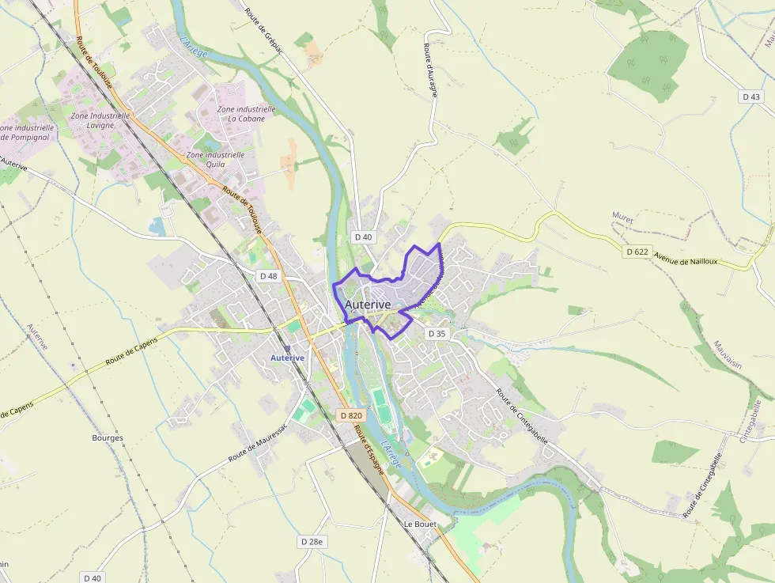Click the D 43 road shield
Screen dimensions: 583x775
click(x=751, y=97)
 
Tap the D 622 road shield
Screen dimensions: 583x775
click(x=637, y=252)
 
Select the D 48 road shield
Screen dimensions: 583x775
click(x=268, y=276)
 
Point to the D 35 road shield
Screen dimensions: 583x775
click(x=437, y=334)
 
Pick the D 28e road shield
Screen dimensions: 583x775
click(x=312, y=541)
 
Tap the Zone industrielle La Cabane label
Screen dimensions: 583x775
click(x=246, y=114)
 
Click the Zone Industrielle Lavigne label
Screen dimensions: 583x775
click(x=100, y=120)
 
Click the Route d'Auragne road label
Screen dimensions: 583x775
click(x=430, y=70)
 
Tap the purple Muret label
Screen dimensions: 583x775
click(x=623, y=215)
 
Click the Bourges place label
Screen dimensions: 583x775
click(x=108, y=437)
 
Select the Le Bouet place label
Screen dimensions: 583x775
click(x=420, y=524)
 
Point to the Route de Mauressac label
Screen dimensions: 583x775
click(x=258, y=448)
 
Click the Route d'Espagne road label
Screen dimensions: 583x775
click(x=369, y=449)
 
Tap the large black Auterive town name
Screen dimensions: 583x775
click(x=368, y=305)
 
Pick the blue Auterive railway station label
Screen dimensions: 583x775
click(x=287, y=358)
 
